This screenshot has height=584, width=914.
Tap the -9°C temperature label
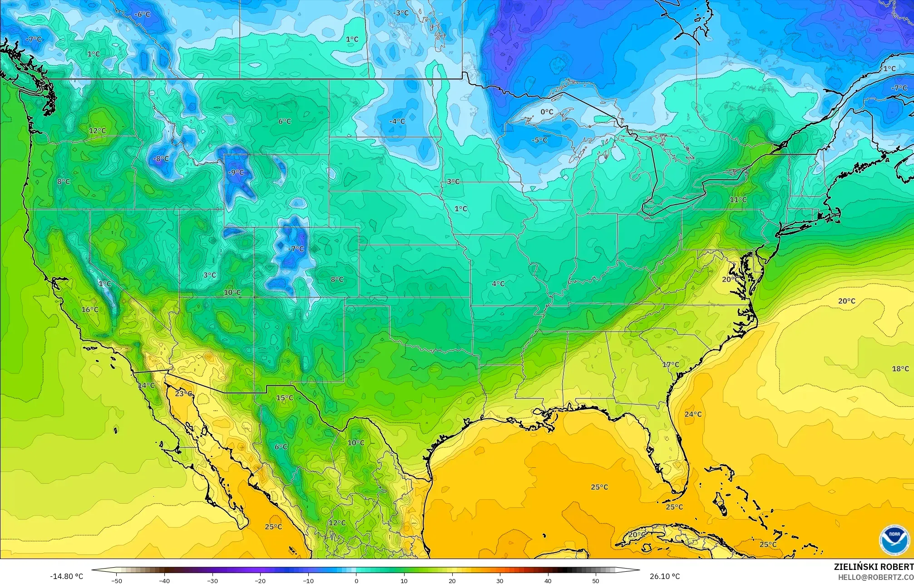coord(236,172)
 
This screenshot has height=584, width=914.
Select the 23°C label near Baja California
coord(184,393)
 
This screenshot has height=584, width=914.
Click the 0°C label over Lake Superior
coord(547,112)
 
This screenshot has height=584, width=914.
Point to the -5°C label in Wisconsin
coord(539,140)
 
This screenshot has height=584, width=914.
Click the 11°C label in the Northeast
coord(738,200)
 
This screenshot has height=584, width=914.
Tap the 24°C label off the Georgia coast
coord(693,414)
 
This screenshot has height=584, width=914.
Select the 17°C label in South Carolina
coord(671,365)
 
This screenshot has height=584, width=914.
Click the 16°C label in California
coord(90,310)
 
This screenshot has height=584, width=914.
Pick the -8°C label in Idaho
coord(161,159)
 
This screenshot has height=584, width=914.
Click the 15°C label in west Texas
coord(285,398)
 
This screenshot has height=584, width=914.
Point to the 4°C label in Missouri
coord(498,284)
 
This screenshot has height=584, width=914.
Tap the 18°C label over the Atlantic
coord(900,369)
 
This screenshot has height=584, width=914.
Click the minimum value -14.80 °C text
coord(66,576)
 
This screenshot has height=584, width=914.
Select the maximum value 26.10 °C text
coord(665,576)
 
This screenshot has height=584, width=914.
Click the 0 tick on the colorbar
coord(356,580)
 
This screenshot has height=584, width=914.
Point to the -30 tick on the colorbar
coord(212,580)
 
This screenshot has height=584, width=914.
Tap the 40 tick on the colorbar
coord(548,580)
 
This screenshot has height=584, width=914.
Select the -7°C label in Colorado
coord(296,249)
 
